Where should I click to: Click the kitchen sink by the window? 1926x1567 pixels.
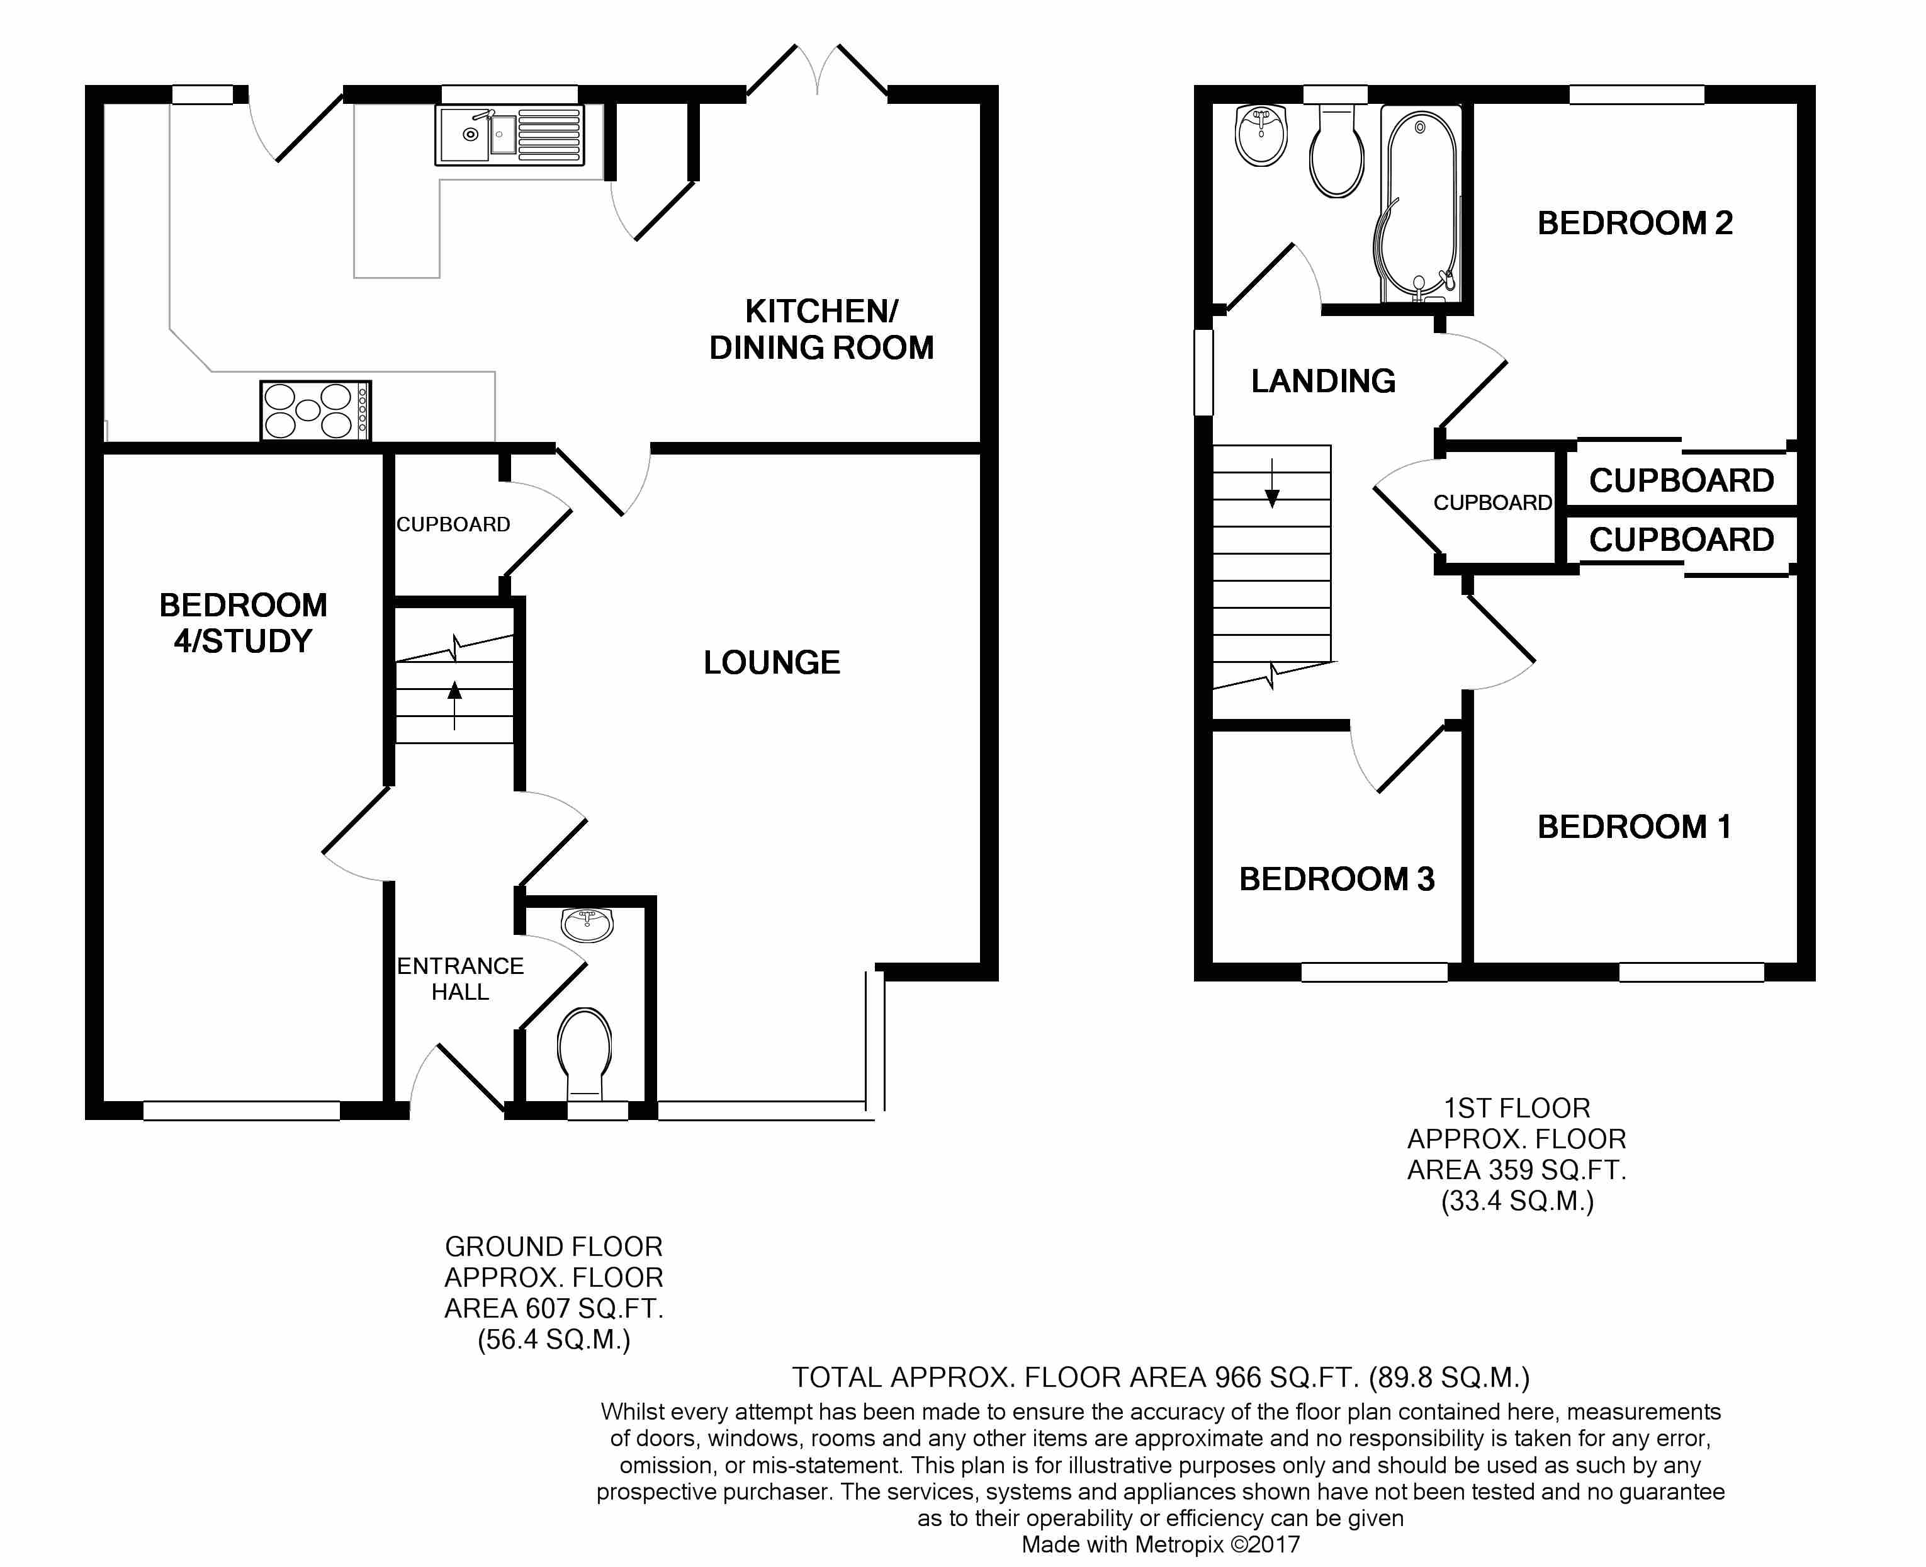[510, 135]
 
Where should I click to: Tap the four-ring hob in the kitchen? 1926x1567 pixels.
[315, 410]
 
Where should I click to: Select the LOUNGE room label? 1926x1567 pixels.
[772, 662]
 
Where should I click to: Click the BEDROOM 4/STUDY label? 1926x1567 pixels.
[243, 623]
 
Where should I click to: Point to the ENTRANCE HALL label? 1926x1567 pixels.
[460, 978]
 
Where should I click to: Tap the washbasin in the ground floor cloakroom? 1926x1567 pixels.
[587, 925]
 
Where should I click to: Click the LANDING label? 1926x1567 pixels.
[1323, 381]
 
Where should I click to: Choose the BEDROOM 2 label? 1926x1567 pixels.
[1635, 223]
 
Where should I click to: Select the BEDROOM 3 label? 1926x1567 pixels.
[1337, 879]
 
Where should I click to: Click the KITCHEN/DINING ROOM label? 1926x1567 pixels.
[821, 329]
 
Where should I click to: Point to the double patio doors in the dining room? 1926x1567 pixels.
[818, 71]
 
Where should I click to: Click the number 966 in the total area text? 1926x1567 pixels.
[1238, 1377]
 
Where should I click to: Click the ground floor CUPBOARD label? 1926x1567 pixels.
[453, 524]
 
